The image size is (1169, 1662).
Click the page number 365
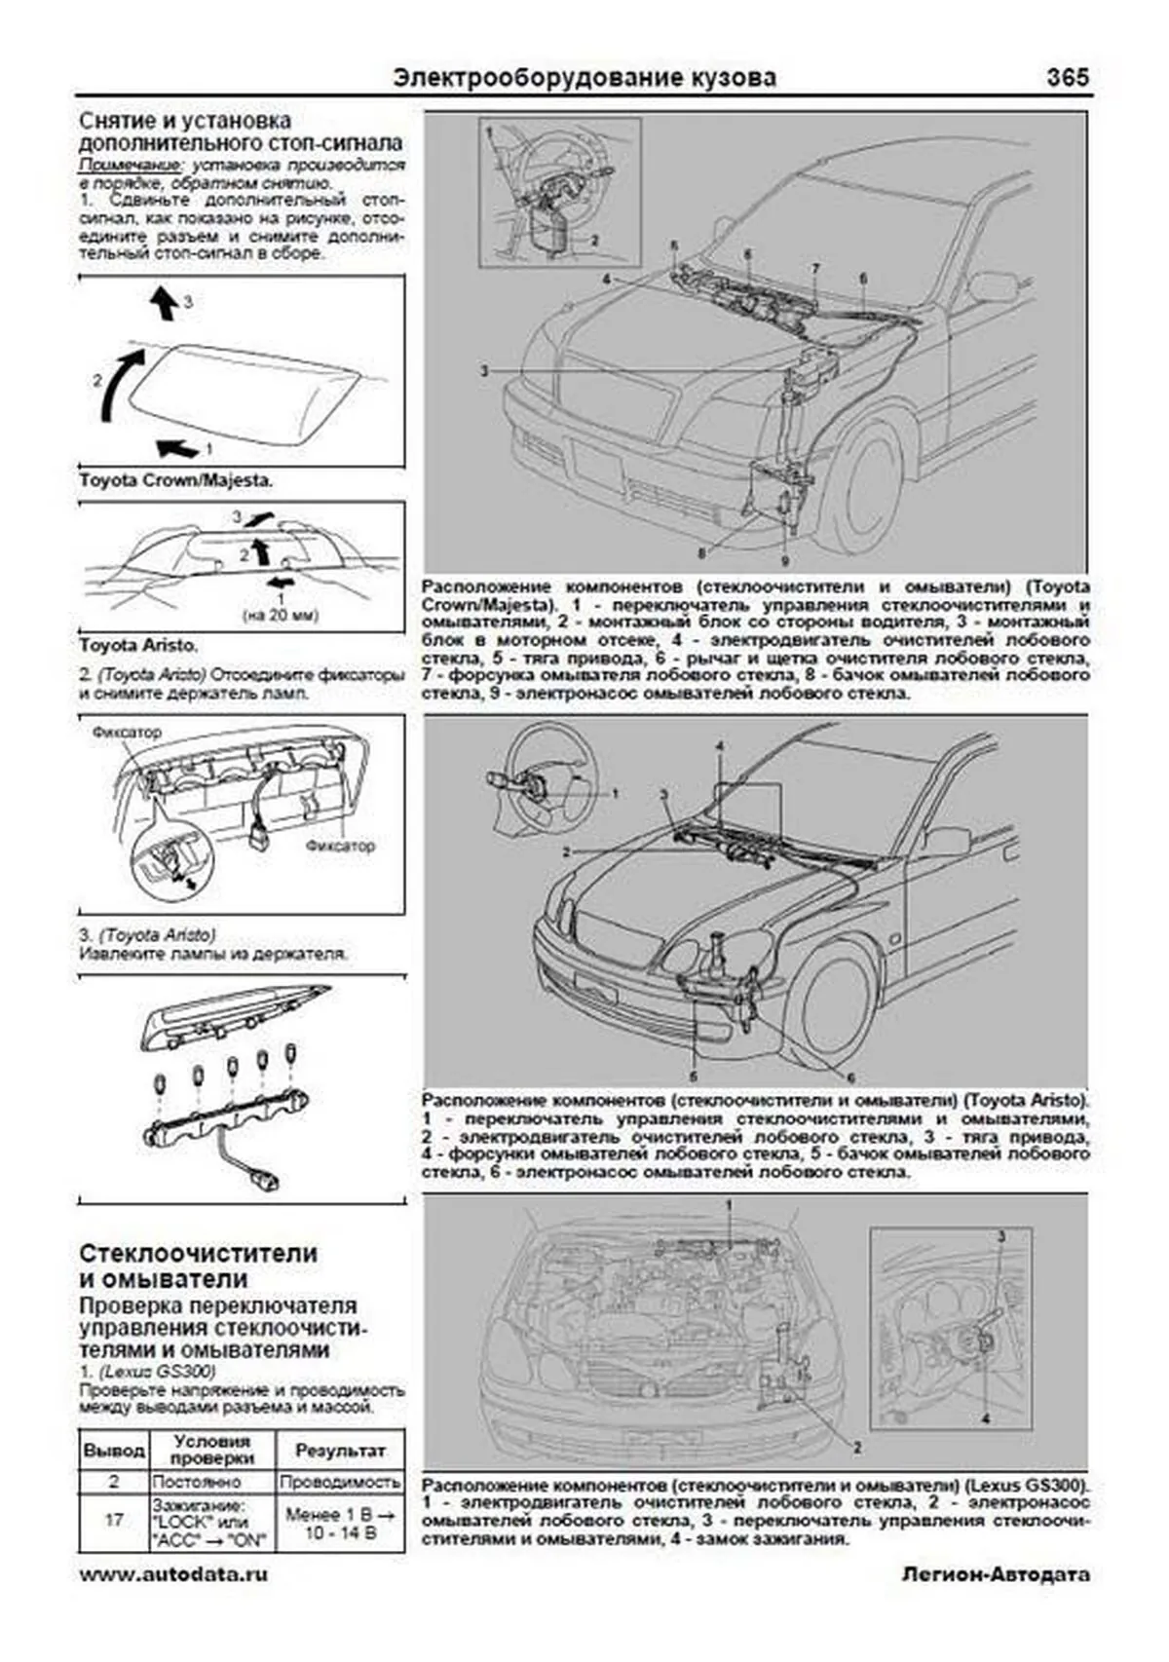1067,78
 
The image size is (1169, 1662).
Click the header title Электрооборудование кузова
584,78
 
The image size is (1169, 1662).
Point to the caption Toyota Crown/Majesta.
175,480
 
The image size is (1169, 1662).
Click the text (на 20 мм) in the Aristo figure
281,615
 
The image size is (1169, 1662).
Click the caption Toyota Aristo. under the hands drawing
137,645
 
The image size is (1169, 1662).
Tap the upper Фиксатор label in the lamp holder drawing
127,732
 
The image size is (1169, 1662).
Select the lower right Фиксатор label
340,846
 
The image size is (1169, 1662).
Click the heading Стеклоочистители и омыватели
199,1265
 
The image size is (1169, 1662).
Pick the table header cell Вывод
114,1451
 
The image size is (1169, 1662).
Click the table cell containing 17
114,1519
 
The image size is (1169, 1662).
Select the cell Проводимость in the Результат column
340,1482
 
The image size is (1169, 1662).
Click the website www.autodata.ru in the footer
173,1574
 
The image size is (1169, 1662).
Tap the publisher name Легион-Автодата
996,1574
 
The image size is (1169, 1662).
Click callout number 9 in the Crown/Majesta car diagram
784,561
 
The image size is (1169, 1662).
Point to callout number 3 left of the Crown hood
484,371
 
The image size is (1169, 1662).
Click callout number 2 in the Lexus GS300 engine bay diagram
857,1448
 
